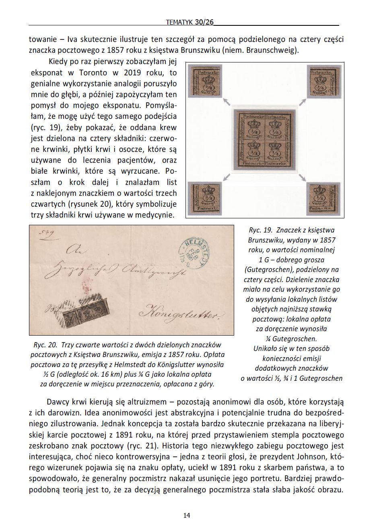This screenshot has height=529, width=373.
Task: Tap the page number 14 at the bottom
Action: pyautogui.click(x=186, y=515)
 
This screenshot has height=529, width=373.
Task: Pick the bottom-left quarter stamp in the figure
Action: pyautogui.click(x=206, y=198)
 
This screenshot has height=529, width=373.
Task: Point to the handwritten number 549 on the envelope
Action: pyautogui.click(x=45, y=233)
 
